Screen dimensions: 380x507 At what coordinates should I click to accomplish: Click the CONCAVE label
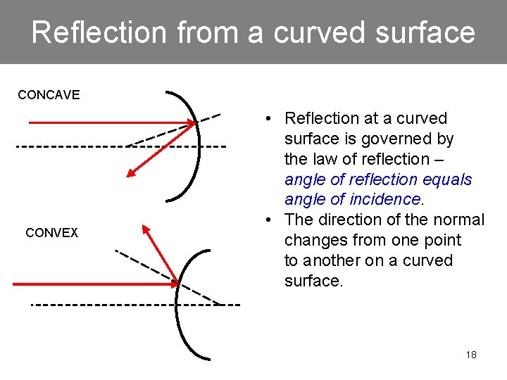49,94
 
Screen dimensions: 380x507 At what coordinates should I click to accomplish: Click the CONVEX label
51,232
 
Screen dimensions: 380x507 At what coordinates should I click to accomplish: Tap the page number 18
471,355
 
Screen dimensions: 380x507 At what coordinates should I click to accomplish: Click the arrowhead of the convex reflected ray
146,229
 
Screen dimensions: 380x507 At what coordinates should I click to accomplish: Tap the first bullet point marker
270,118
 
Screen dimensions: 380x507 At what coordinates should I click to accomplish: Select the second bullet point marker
270,220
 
